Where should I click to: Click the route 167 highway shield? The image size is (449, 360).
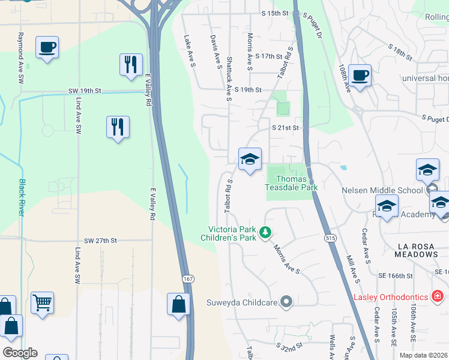[188, 279]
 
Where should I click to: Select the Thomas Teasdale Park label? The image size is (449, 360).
[291, 183]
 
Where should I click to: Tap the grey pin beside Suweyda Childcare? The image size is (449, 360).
[287, 302]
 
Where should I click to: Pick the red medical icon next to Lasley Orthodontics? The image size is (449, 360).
[438, 297]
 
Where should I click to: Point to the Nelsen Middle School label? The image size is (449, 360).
[382, 190]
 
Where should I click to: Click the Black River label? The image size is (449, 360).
[22, 198]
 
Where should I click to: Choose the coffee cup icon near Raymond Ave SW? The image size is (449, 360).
[47, 46]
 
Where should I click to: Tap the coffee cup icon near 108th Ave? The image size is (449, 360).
[360, 75]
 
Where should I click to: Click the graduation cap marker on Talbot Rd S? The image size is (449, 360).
[250, 159]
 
